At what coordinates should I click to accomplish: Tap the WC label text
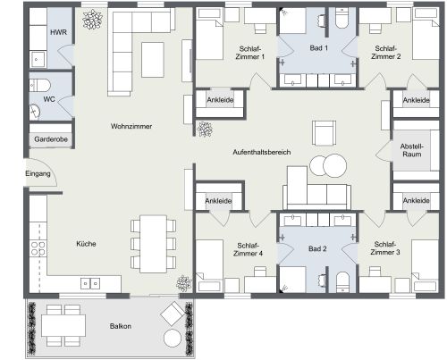pyautogui.click(x=49, y=99)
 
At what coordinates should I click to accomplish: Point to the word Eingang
pyautogui.click(x=38, y=173)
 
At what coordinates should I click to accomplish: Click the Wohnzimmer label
pyautogui.click(x=131, y=127)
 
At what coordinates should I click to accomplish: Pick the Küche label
pyautogui.click(x=86, y=244)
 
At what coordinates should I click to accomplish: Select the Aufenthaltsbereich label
pyautogui.click(x=262, y=153)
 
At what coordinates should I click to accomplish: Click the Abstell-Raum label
pyautogui.click(x=412, y=149)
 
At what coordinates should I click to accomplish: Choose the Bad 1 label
pyautogui.click(x=319, y=47)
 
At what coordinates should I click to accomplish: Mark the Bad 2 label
pyautogui.click(x=319, y=249)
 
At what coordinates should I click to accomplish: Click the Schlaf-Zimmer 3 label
pyautogui.click(x=386, y=249)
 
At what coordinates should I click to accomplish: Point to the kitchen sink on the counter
pyautogui.click(x=91, y=284)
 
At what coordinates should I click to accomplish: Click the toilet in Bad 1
pyautogui.click(x=342, y=20)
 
